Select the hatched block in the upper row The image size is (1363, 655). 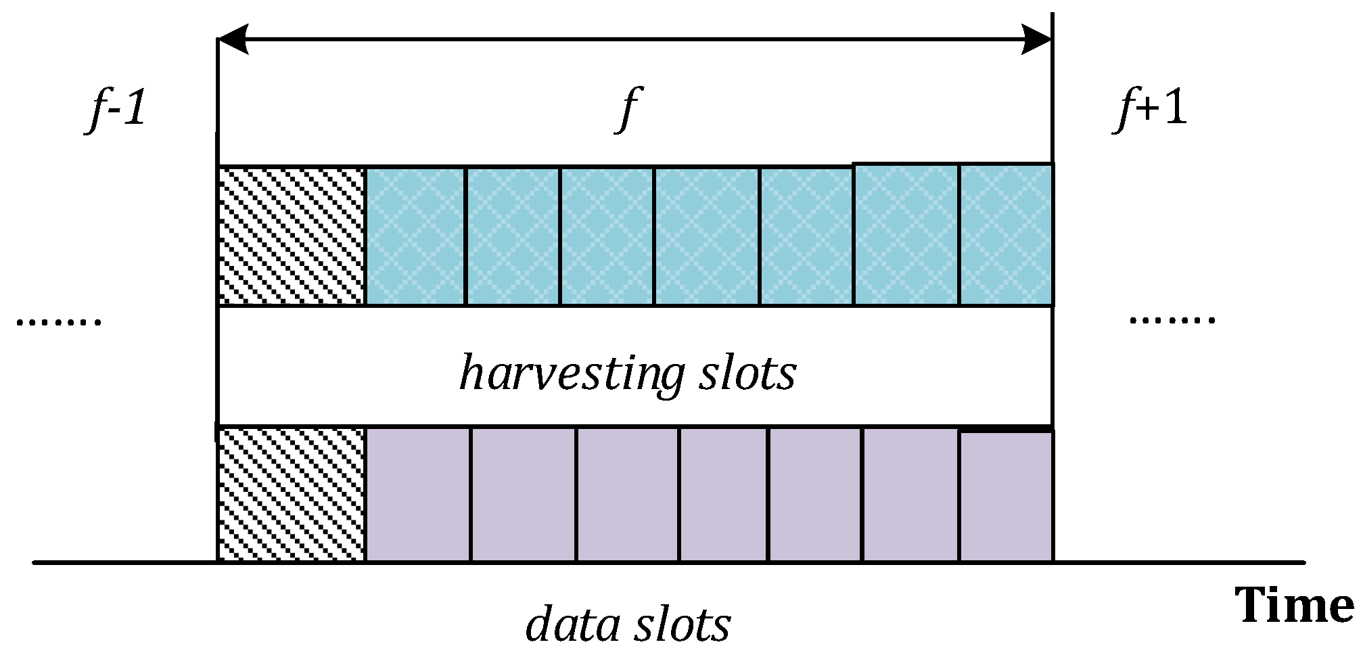292,235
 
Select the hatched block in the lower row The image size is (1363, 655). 292,495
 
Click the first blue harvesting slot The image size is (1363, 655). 415,235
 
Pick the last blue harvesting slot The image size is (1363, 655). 1006,235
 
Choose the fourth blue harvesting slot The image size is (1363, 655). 707,235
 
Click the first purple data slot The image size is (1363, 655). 418,495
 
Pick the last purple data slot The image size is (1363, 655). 1006,496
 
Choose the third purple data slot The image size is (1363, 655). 628,495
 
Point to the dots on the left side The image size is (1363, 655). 58,321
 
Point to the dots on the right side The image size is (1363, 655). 1172,320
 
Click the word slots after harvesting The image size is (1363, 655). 747,374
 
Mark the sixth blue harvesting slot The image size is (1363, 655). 906,235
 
